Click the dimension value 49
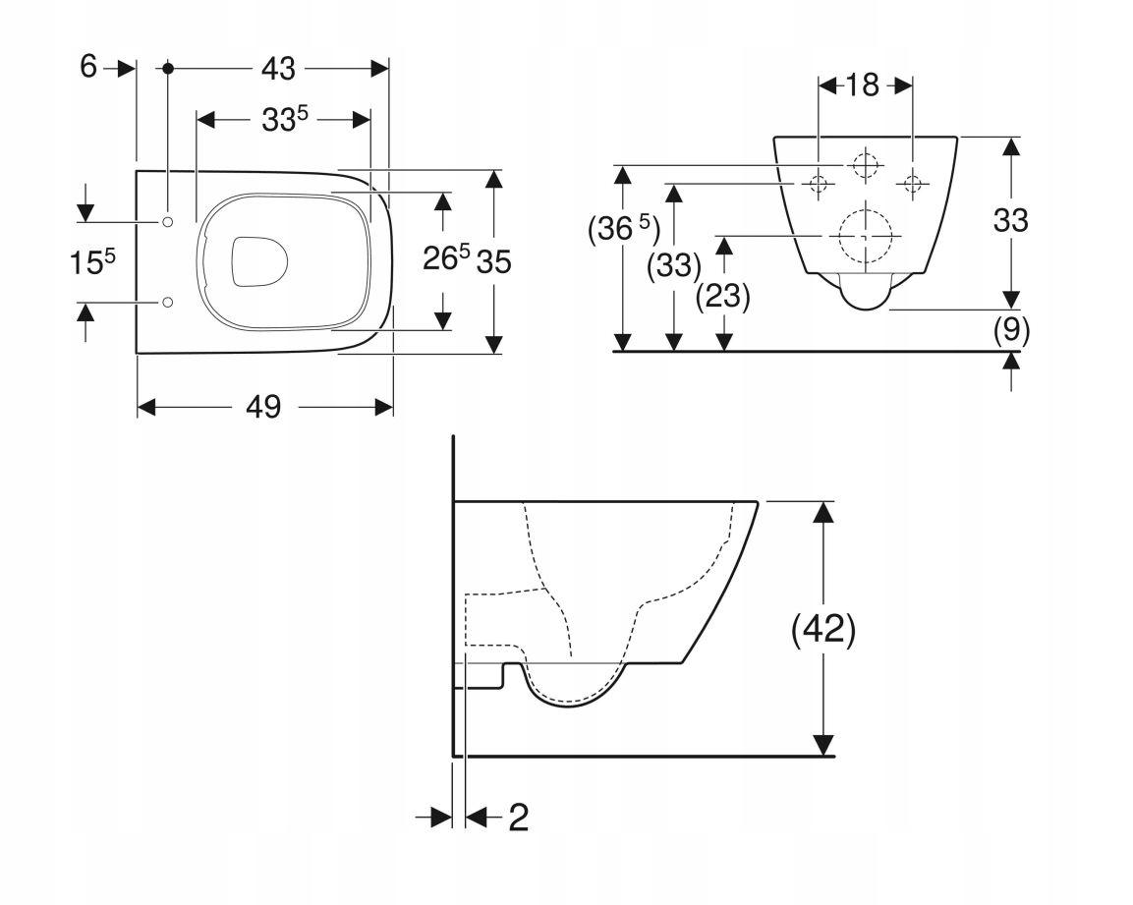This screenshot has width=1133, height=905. (x=263, y=407)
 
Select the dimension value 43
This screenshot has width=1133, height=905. (x=278, y=69)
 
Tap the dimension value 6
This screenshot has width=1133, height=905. (x=88, y=67)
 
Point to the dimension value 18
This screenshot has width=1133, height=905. (x=862, y=85)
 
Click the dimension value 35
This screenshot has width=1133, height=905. (x=494, y=261)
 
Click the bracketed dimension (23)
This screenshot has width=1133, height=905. (x=723, y=296)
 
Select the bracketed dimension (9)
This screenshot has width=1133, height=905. (x=1011, y=330)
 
